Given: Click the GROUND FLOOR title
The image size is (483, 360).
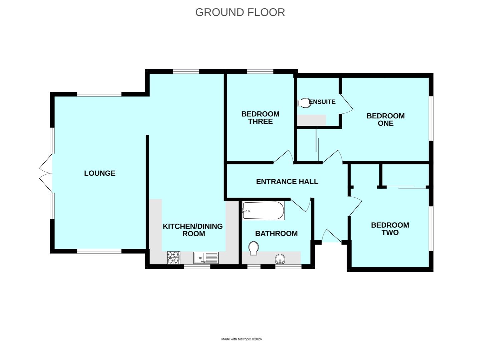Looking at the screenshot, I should click(x=240, y=12).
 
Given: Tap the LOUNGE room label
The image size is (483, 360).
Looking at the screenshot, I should click(x=100, y=173).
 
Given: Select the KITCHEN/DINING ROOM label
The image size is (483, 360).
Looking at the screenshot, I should click(x=193, y=230).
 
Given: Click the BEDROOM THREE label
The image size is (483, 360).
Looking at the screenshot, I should click(x=260, y=118).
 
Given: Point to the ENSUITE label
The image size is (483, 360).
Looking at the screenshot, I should click(x=323, y=102).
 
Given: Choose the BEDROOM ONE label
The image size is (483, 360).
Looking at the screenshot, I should click(x=386, y=119).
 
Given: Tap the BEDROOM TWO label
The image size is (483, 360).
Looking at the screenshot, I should click(x=390, y=229).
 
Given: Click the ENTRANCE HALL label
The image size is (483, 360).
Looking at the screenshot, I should click(x=287, y=182).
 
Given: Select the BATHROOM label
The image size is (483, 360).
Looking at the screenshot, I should click(x=276, y=234).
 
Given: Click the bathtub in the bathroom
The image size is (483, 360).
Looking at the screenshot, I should click(x=263, y=211).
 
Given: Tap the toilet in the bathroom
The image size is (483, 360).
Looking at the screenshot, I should click(x=254, y=248).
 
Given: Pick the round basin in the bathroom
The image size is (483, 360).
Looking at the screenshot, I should click(x=280, y=259).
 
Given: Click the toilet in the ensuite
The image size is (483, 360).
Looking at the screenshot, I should click(x=304, y=102).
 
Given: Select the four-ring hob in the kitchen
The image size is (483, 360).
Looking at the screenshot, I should click(x=173, y=257).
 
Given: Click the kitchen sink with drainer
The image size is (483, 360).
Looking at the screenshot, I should click(x=206, y=258).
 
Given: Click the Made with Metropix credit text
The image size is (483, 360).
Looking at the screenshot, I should click(x=241, y=339).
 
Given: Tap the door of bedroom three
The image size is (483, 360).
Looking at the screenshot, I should click(x=284, y=157).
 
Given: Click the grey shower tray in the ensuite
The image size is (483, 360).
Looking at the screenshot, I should click(x=311, y=120).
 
